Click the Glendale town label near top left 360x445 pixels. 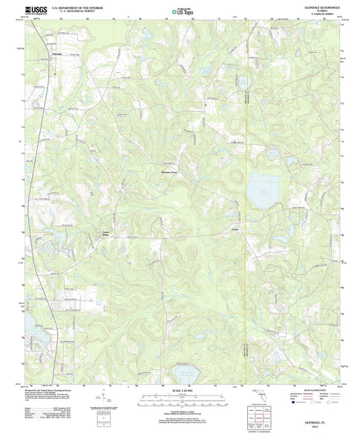point(56,54)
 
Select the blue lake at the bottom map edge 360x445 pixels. point(182,373)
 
